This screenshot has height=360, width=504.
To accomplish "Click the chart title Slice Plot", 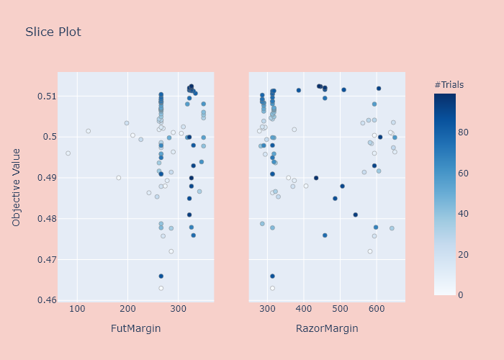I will [x=53, y=32].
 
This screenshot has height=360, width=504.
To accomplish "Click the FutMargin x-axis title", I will [x=135, y=329].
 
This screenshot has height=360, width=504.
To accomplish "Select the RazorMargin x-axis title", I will [x=327, y=329].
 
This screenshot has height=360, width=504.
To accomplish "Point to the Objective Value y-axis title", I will [x=17, y=188].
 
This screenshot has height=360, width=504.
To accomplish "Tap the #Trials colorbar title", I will [x=449, y=85].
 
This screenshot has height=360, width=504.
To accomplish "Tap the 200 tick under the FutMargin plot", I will [x=127, y=310].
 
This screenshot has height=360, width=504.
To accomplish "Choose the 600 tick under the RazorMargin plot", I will [x=415, y=310].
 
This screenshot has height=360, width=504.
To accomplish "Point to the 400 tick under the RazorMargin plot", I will [x=304, y=310].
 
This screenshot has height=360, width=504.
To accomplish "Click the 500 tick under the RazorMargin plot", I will [x=341, y=310].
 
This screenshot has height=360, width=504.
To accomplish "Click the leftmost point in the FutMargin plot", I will [x=68, y=153].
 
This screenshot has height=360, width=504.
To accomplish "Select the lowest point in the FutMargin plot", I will [x=161, y=288].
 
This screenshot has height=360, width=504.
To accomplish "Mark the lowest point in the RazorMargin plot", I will [x=272, y=288].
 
